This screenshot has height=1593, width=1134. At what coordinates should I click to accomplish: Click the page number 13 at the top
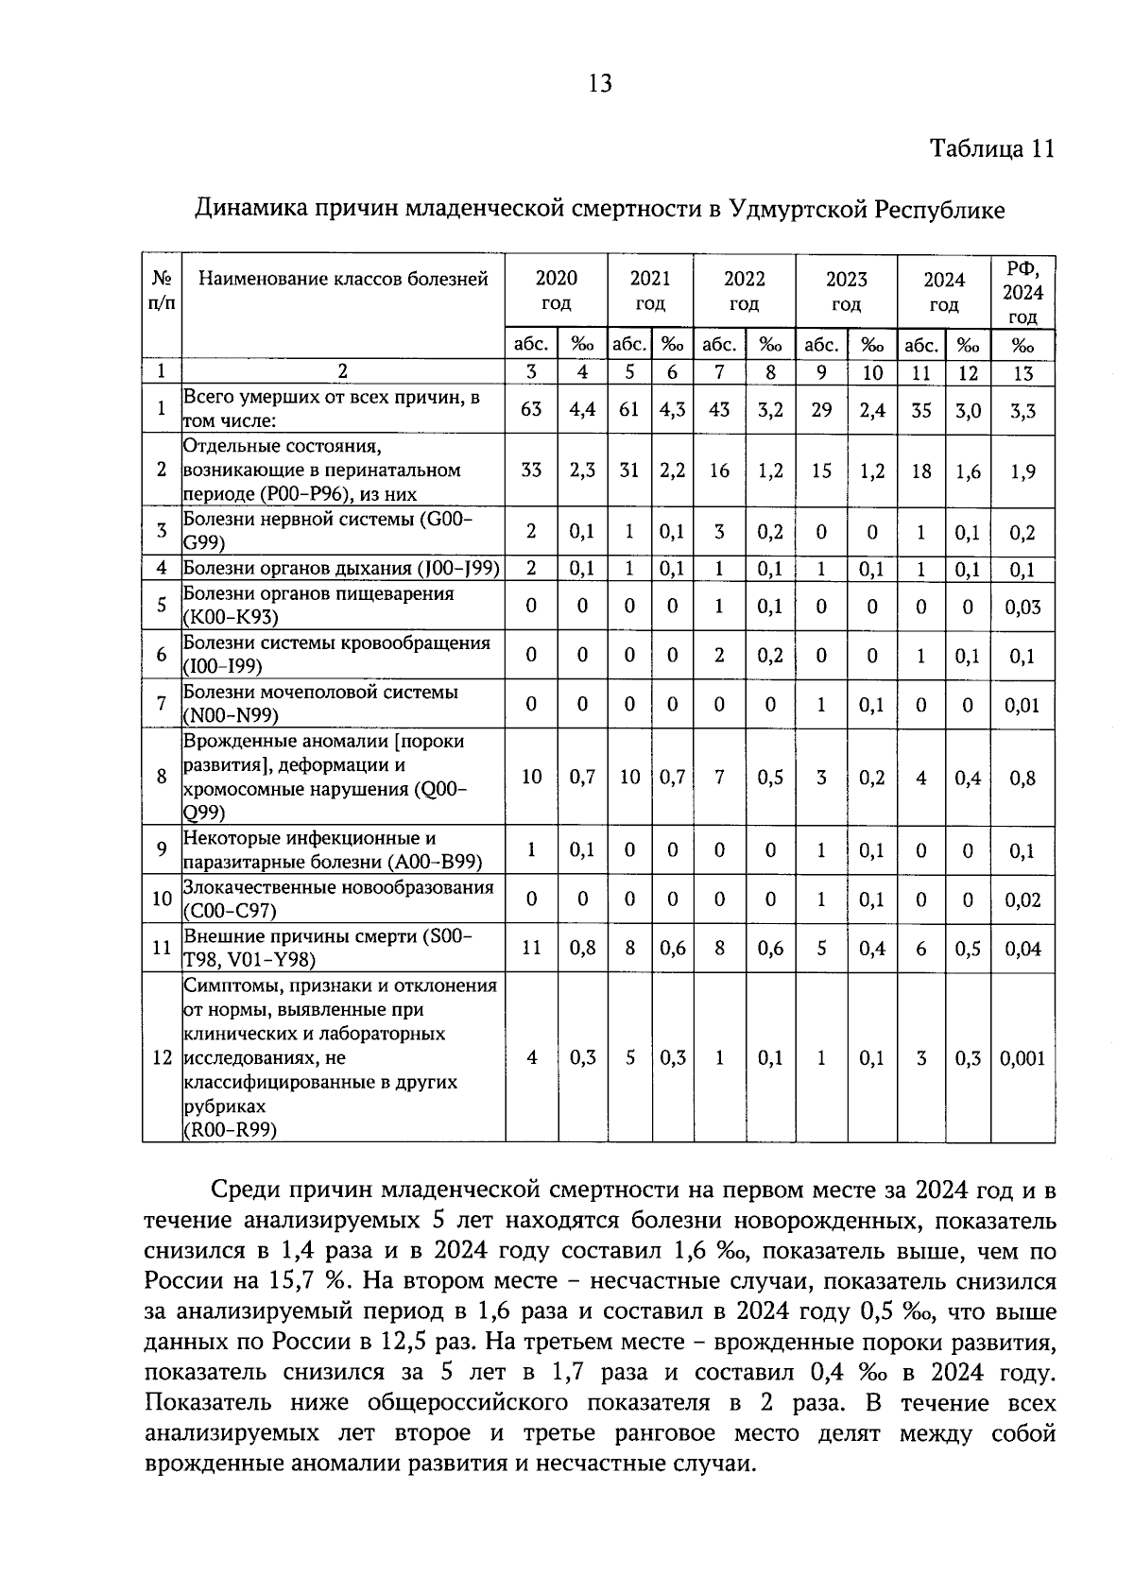coord(600,84)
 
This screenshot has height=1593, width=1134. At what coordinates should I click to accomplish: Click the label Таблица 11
coord(991,149)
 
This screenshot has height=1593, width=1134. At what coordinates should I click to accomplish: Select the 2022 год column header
coord(744,291)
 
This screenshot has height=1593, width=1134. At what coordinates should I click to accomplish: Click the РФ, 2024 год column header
coord(1022,292)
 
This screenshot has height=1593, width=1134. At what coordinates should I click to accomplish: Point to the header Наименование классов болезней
coord(343,279)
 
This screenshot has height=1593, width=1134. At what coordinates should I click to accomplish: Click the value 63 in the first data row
coord(531,409)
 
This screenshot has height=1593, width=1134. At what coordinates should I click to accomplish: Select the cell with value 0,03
coord(1022,607)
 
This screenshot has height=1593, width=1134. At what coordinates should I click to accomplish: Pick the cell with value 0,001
coord(1022,1058)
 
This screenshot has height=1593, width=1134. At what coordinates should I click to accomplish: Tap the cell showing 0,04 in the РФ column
coord(1022,949)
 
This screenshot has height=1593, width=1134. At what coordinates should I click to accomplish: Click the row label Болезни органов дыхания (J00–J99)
coord(341,568)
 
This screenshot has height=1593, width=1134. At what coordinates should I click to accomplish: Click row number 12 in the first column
coord(162,1058)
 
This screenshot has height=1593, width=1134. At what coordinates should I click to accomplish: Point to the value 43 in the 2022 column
coord(719,409)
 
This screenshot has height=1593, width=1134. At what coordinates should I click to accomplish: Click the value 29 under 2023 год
coord(821,409)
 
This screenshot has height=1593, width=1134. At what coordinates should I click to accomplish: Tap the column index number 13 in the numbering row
coord(1022,373)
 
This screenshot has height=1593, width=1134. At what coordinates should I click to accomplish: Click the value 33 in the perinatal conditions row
coord(531,471)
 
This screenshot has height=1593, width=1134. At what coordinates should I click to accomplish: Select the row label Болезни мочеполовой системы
coord(321,703)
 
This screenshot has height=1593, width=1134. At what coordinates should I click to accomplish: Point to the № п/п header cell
coord(162,291)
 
